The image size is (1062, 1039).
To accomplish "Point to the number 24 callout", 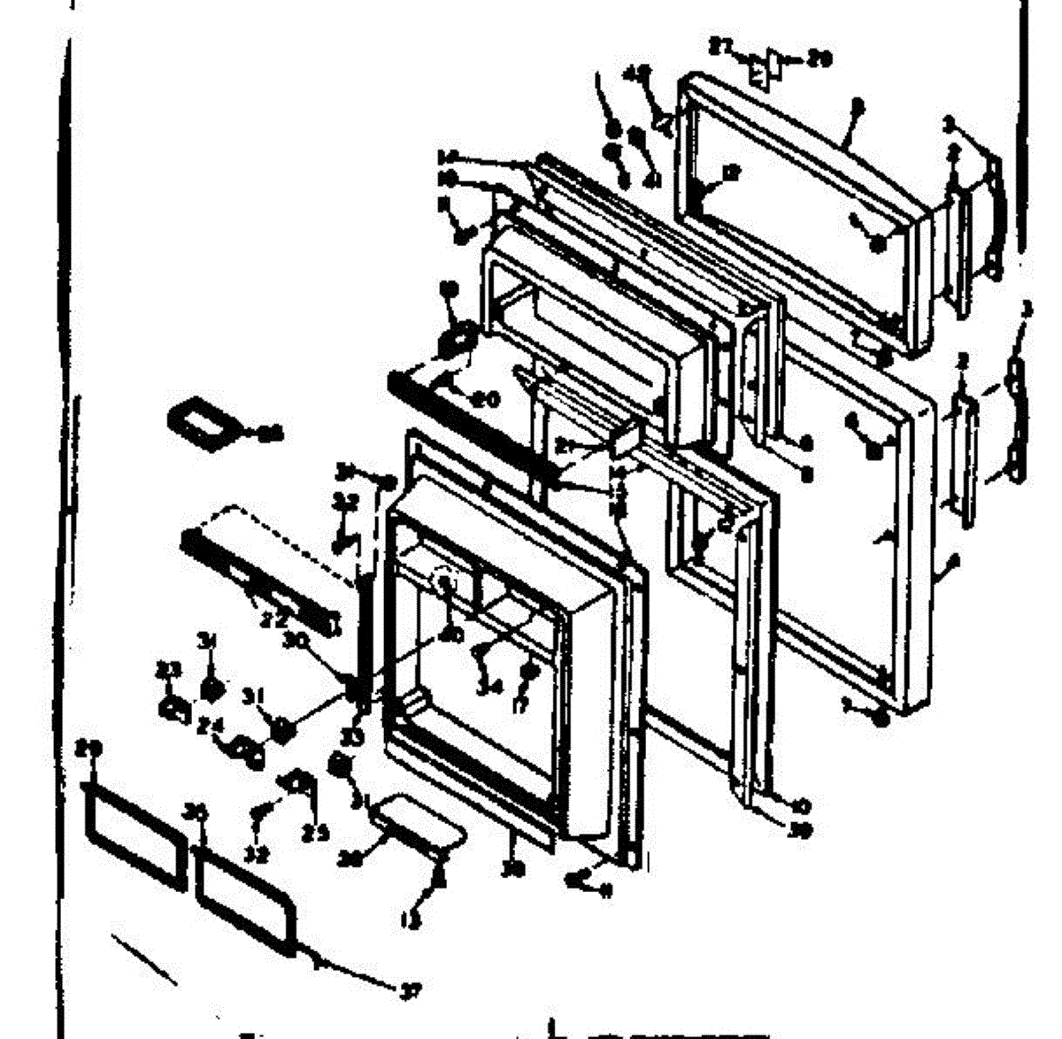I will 210,727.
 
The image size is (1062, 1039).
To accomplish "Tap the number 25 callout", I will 315,832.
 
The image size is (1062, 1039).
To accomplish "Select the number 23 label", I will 164,671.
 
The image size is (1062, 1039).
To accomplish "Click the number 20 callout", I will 485,400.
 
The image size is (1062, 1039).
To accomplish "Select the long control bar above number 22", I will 261,576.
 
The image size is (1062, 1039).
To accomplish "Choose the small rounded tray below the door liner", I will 419,823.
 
